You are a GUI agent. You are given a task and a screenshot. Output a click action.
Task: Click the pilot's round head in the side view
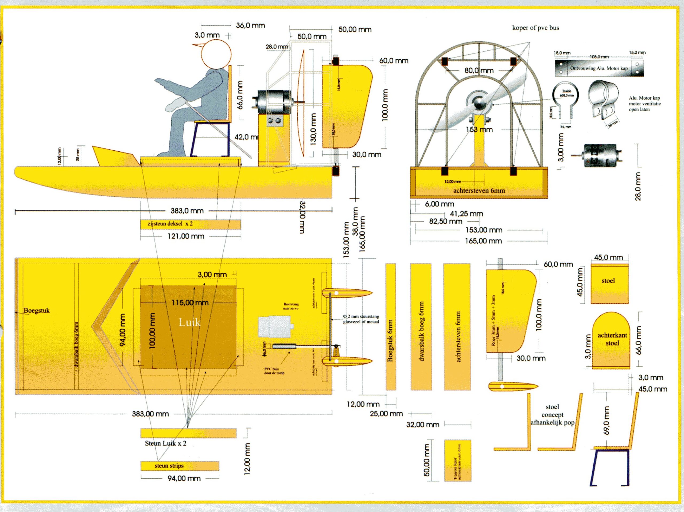point(216,55)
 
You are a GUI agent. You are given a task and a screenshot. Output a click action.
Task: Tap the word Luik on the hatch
point(189,322)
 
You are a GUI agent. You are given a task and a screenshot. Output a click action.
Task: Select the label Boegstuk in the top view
point(37,311)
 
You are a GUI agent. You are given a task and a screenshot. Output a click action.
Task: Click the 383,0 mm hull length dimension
point(187,211)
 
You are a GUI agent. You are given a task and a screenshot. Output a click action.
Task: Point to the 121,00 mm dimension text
point(186,236)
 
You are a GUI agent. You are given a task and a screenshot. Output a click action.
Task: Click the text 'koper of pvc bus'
point(535,28)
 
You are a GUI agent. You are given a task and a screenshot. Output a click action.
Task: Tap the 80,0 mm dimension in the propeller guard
point(479,71)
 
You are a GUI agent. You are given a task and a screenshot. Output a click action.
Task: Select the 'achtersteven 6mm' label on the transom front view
point(479,191)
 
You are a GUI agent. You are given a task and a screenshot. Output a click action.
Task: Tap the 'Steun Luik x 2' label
point(166,443)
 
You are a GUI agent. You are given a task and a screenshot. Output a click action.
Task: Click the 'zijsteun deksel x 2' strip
point(191,224)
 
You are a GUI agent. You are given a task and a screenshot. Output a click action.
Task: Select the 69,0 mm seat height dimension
point(607,420)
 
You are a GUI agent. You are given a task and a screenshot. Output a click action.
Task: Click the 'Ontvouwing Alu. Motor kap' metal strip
point(599,68)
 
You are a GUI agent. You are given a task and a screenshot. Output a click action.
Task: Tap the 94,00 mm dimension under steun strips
point(184,478)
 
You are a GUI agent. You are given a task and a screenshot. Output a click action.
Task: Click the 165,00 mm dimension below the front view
point(483,241)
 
